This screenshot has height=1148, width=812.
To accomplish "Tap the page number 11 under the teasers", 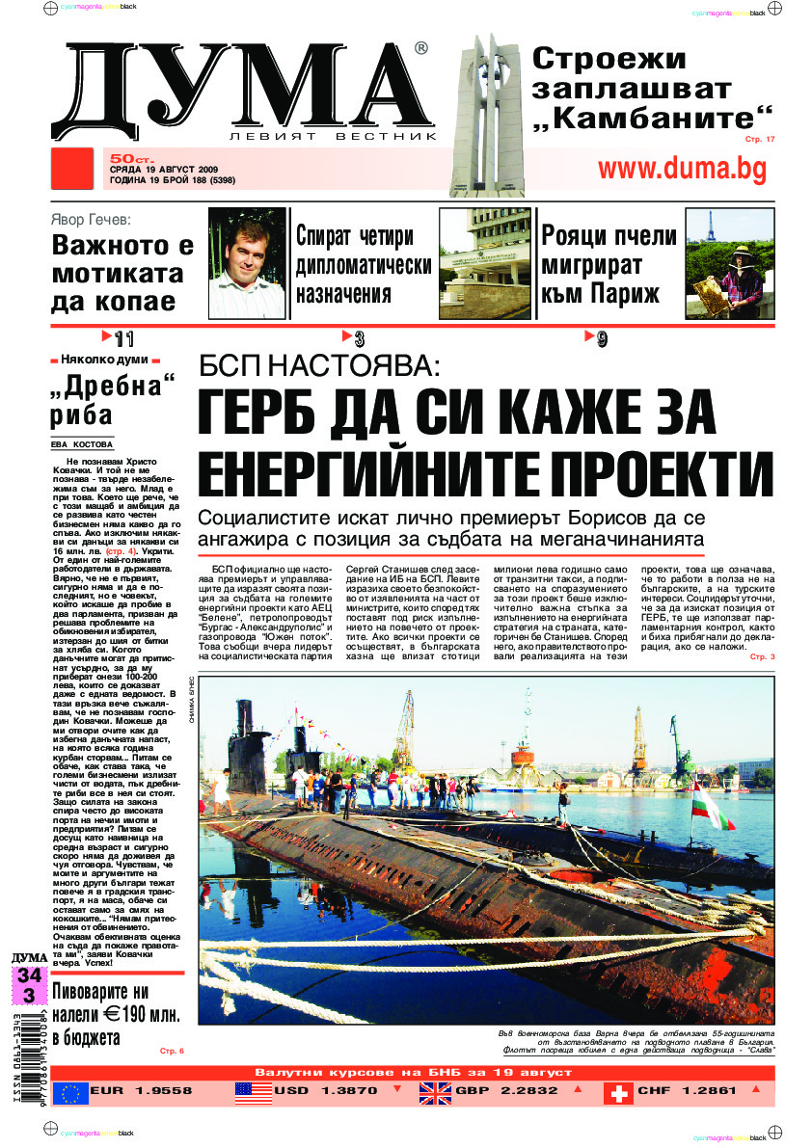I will pyautogui.click(x=122, y=338).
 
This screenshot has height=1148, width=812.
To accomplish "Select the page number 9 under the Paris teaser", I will pyautogui.click(x=601, y=338).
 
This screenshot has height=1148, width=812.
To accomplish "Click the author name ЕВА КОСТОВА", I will pyautogui.click(x=82, y=444).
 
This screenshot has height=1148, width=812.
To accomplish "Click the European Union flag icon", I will pyautogui.click(x=70, y=1092).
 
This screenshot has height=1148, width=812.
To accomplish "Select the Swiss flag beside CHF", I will pyautogui.click(x=617, y=1092).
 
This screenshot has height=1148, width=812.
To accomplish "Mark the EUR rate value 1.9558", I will pyautogui.click(x=160, y=1091).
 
